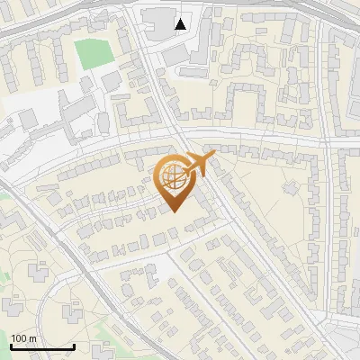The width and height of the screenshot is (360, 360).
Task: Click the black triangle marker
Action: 181,24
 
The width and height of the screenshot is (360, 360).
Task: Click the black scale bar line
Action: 42,346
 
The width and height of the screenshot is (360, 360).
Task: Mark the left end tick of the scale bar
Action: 11,345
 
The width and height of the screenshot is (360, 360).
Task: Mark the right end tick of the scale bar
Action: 74,345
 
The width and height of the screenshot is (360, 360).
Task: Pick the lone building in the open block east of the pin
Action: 290,187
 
